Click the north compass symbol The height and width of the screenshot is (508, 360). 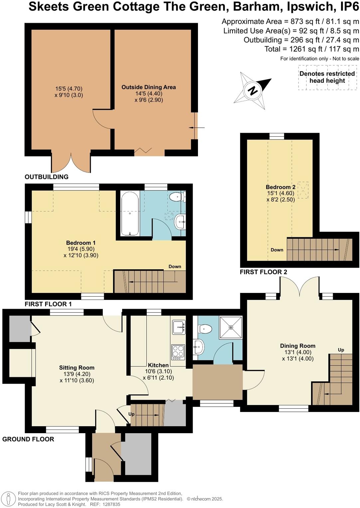[x=253, y=90]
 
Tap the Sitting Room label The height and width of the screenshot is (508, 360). [x=77, y=368]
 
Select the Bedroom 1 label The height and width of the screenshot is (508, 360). [x=81, y=243]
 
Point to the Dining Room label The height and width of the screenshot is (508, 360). [x=297, y=346]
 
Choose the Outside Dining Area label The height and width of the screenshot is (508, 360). [x=148, y=87]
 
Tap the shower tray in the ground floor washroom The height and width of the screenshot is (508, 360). [x=231, y=327]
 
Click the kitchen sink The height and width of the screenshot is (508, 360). [x=179, y=327]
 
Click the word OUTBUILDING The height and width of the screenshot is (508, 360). [x=47, y=177]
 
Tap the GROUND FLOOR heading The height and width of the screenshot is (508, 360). [x=28, y=439]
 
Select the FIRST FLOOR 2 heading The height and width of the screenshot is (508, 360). [x=263, y=272]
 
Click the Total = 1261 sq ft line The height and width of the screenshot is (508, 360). [x=311, y=49]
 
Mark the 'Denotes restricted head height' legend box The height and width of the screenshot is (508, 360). [x=327, y=77]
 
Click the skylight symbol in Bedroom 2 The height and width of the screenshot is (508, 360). [x=303, y=190]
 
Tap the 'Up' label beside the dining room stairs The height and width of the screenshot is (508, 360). [x=341, y=350]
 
